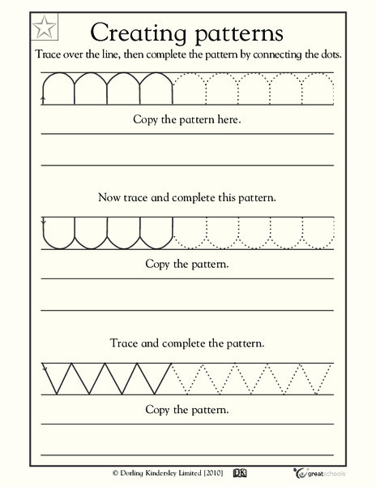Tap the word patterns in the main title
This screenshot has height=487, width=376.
click(x=233, y=34)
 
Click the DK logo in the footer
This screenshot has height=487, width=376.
click(x=239, y=471)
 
